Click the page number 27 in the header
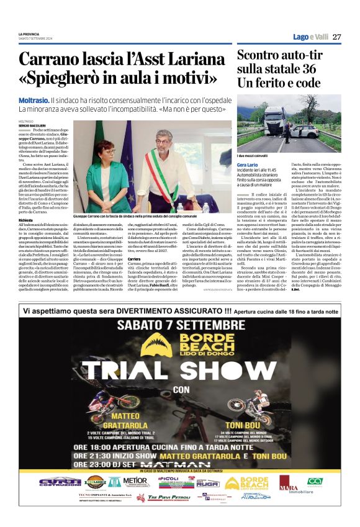(x=337, y=37)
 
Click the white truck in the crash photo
(x=274, y=120)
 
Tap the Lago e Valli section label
(x=310, y=37)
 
